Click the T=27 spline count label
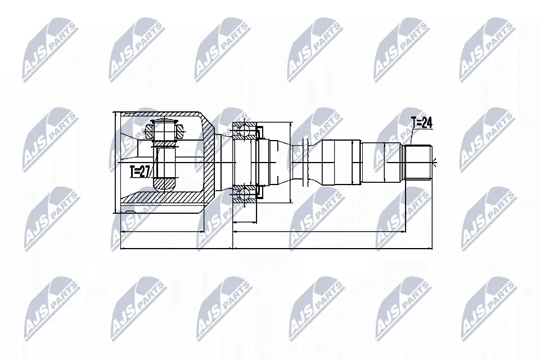click(141, 172)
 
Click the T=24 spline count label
click(422, 123)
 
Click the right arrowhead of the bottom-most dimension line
click(432, 247)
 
